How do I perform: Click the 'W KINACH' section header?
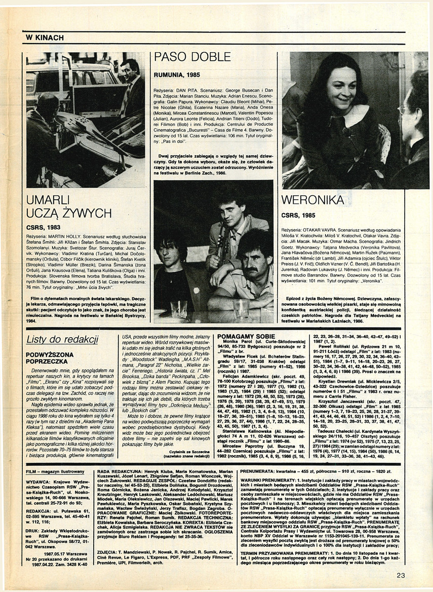tap(45, 38)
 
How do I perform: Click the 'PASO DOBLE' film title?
tap(192, 57)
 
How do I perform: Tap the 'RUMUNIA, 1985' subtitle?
tap(177, 75)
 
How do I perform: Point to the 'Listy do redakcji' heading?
tap(62, 340)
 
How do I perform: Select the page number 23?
tap(401, 575)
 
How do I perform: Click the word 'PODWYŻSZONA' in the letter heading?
tap(50, 354)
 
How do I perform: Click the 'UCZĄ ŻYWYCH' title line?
tap(69, 212)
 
